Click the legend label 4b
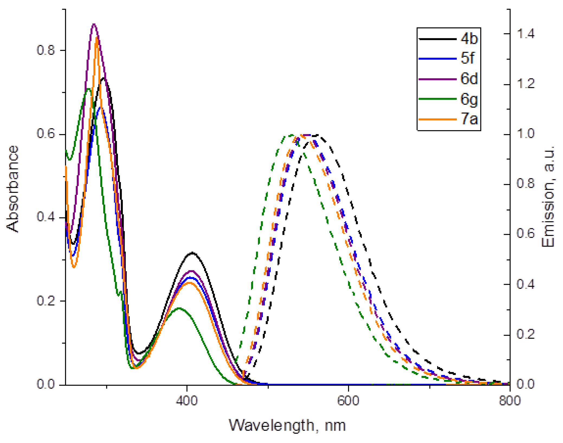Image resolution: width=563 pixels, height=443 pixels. coord(469,39)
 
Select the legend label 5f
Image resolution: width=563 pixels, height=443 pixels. coord(467,58)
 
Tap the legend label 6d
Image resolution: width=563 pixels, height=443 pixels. coord(469,79)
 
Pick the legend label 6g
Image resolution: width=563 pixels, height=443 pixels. coord(469,99)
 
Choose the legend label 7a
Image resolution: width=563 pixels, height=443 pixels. coord(469,119)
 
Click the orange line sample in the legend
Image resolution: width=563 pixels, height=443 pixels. coord(437,119)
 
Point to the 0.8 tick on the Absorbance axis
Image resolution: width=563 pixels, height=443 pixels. coord(46,50)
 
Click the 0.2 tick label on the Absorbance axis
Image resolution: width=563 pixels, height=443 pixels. coord(46,301)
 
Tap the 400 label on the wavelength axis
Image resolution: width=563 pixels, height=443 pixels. coord(187,400)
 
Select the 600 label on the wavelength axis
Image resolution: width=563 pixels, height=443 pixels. coord(348,400)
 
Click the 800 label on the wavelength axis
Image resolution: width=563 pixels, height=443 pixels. coord(510,400)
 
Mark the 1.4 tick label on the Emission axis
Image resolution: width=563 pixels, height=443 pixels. coord(526,34)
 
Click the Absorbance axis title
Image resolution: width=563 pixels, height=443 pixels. coord(12,189)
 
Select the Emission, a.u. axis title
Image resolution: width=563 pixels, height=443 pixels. coord(548,196)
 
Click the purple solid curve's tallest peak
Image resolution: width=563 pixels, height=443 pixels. coord(94,24)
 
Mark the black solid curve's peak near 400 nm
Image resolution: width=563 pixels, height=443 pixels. coord(192,253)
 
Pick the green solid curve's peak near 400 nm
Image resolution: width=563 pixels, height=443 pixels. coord(179,308)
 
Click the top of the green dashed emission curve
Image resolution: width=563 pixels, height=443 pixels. coord(291,135)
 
